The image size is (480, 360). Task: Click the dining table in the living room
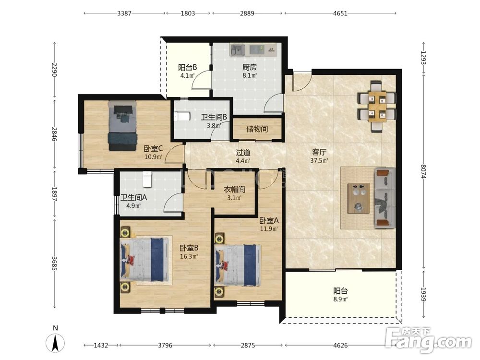click(377, 106)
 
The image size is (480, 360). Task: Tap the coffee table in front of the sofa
click(359, 198)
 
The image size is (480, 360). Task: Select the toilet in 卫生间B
click(182, 117)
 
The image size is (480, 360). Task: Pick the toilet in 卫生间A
click(147, 180)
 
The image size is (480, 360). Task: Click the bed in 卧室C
click(122, 126)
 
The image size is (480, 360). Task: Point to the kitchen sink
click(237, 50)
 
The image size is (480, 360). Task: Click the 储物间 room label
click(257, 129)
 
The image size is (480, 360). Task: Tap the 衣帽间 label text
click(235, 190)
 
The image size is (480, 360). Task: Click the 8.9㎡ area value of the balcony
click(340, 299)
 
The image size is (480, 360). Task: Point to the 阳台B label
click(187, 67)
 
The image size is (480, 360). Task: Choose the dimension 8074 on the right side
click(423, 171)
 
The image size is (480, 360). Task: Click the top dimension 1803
click(188, 13)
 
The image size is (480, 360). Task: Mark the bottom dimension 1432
click(101, 345)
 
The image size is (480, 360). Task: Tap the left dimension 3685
click(55, 264)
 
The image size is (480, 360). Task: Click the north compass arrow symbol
click(55, 343)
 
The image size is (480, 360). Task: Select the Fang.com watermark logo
click(428, 340)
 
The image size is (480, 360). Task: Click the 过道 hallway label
click(243, 152)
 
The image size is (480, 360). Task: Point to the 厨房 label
click(250, 67)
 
